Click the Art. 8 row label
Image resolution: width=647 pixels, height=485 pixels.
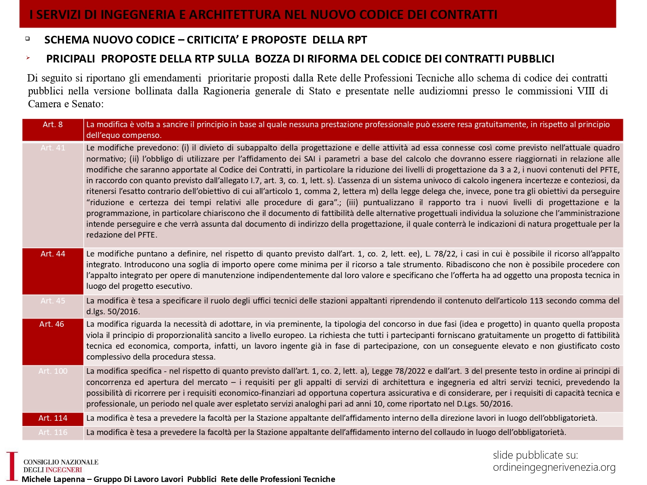tap(53, 125)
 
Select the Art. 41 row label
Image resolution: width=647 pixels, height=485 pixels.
tap(53, 148)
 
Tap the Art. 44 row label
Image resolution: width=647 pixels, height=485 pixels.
tap(53, 254)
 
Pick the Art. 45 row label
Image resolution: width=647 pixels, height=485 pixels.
tap(53, 301)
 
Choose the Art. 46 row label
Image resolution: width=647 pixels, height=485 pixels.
tap(52, 324)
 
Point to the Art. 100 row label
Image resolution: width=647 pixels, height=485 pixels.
tap(53, 371)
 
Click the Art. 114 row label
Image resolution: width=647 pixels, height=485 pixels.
tap(53, 418)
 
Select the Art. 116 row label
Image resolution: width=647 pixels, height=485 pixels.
tap(53, 432)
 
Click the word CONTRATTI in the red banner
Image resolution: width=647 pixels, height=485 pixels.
tap(463, 15)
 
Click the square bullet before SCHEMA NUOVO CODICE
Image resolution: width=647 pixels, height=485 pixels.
tap(28, 39)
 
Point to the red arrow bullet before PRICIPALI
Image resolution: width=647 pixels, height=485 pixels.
tap(28, 57)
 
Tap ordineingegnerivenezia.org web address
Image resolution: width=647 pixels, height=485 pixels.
tap(554, 467)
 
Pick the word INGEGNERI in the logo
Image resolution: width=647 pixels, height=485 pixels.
tap(63, 470)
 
